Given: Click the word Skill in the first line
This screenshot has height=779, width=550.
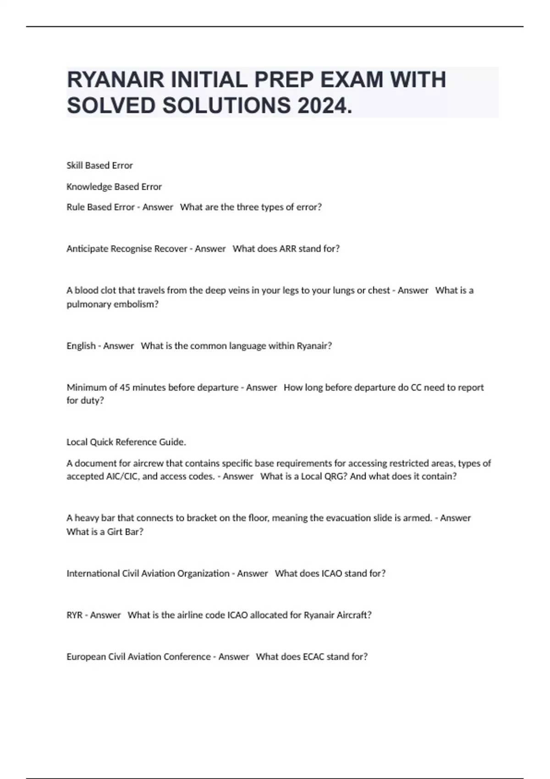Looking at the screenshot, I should [x=75, y=165].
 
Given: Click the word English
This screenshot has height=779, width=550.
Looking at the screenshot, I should [x=81, y=346].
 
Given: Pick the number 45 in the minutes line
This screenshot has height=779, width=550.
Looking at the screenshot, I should [x=125, y=388].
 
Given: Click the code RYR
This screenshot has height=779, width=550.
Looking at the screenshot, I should [x=74, y=615].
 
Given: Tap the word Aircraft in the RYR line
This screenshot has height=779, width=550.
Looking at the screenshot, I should [x=353, y=615].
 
